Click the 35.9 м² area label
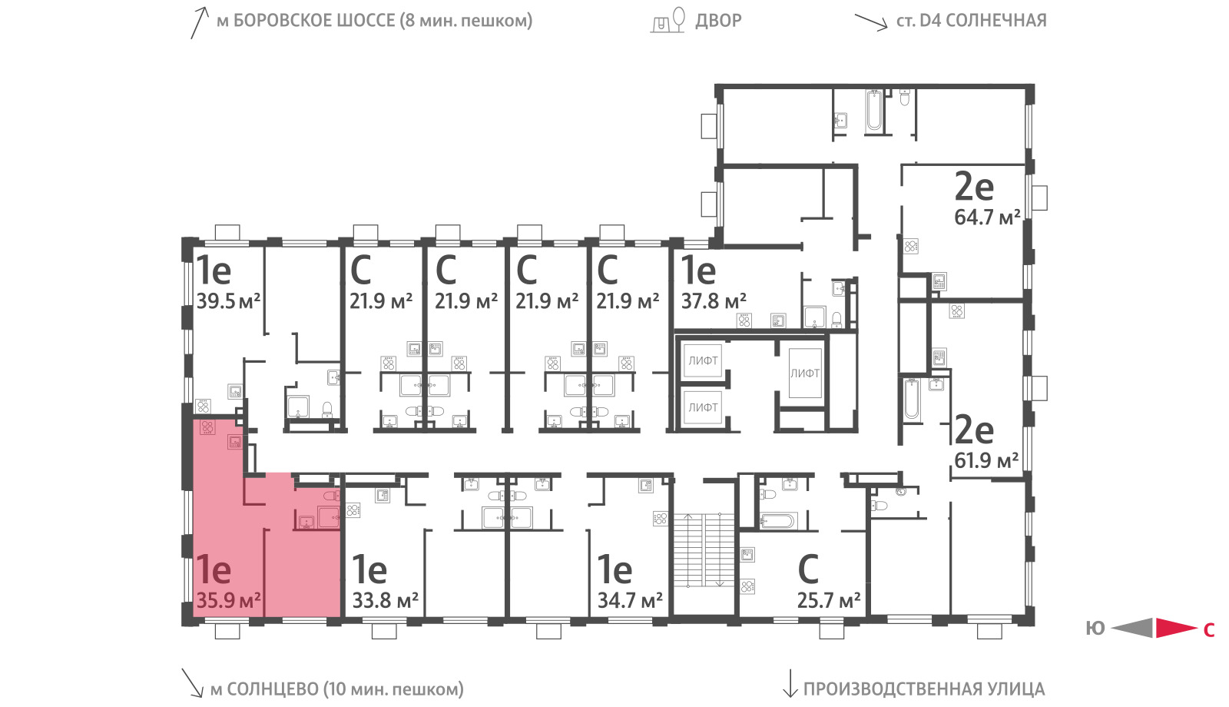point(228,600)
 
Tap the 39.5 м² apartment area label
point(228,300)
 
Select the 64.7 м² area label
point(987,217)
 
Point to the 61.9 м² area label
point(986,460)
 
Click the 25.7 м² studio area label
point(829,600)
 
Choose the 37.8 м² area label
point(714,300)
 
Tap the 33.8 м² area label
point(385,600)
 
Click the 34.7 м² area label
point(630,600)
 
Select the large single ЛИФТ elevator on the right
point(805,373)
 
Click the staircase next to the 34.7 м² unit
point(704,550)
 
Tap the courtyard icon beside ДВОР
point(668,20)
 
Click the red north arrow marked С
point(1176,628)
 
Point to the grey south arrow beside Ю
point(1132,628)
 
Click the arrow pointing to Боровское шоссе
point(200,22)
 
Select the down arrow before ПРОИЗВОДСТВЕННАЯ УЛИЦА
point(790,683)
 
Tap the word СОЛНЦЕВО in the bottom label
point(272,689)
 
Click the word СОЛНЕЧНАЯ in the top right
point(996,20)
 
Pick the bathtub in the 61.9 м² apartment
point(911,400)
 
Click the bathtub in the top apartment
point(874,111)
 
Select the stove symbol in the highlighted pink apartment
point(207,427)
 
